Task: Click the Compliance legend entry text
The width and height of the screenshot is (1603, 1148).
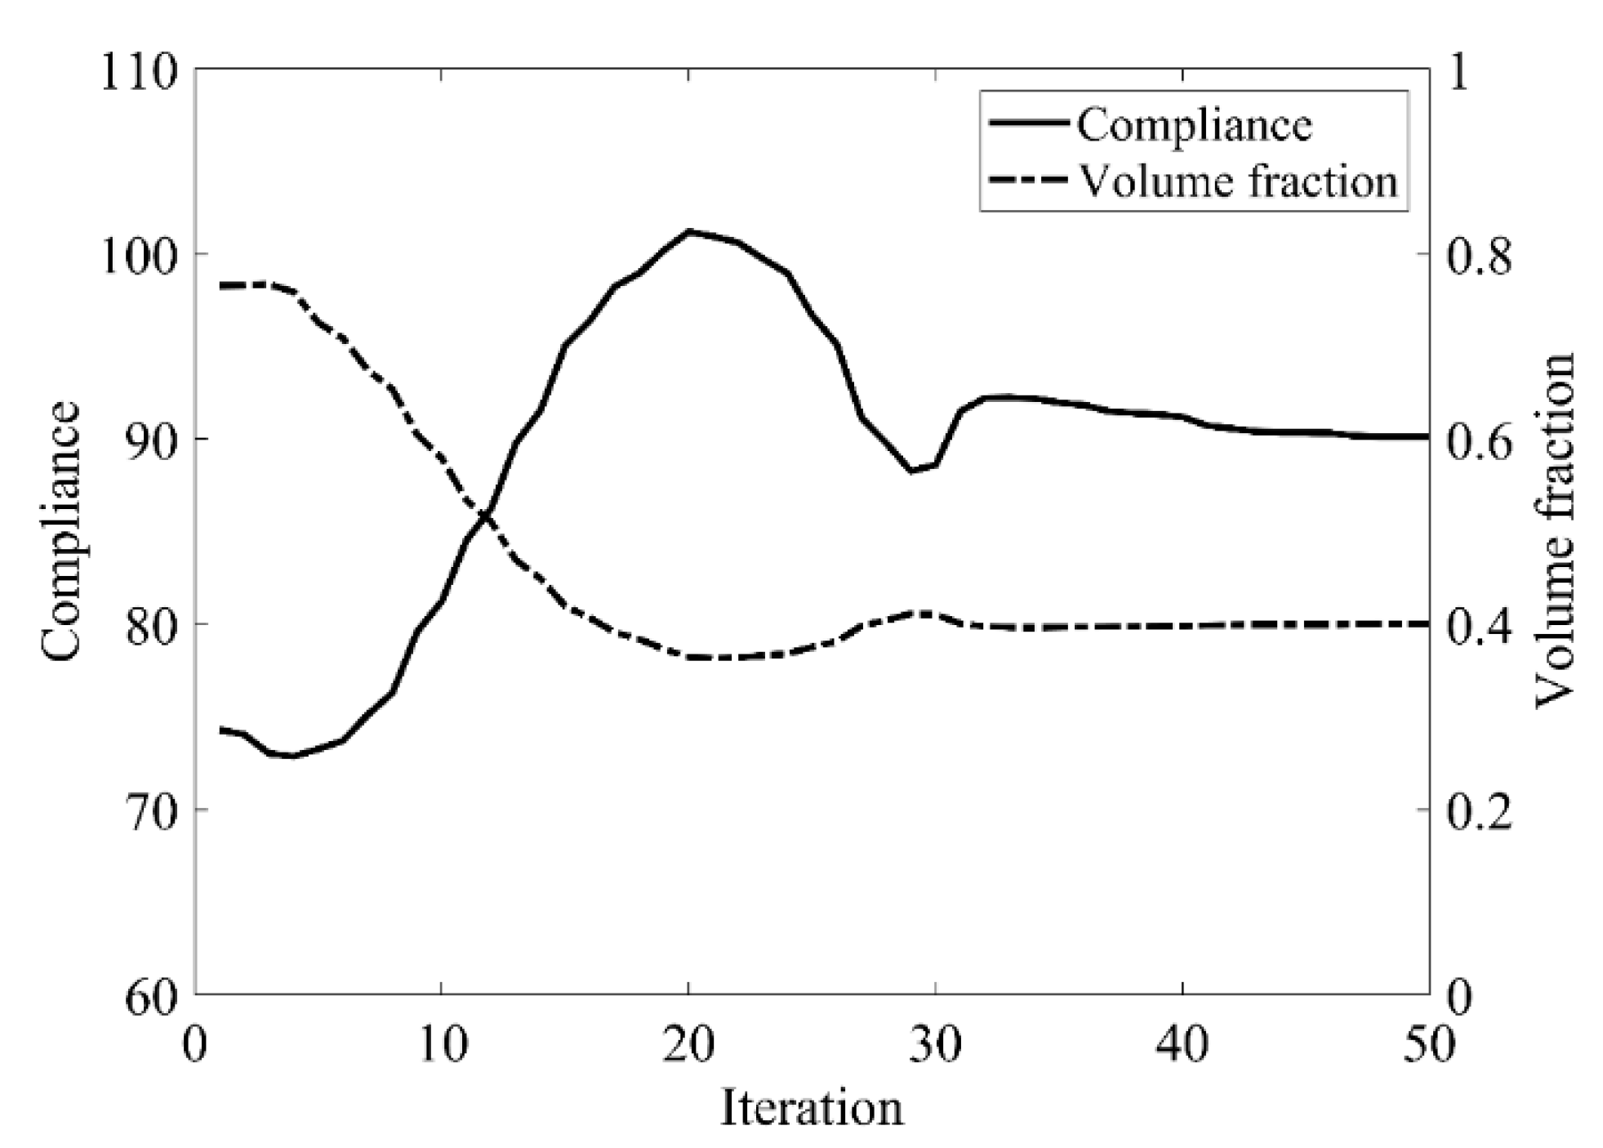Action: tap(1193, 125)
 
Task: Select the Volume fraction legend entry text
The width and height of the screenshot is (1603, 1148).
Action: tap(1239, 181)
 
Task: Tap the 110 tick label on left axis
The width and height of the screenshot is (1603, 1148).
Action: tap(139, 72)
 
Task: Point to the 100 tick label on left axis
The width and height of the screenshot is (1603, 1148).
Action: tap(139, 256)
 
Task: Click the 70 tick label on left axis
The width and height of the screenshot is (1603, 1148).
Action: tap(151, 811)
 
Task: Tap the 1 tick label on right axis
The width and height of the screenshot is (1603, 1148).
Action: tap(1458, 72)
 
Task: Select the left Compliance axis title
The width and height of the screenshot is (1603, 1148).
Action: tap(61, 531)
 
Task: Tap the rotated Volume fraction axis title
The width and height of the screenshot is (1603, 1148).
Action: tap(1554, 531)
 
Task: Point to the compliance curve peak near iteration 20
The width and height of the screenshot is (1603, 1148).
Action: tap(688, 231)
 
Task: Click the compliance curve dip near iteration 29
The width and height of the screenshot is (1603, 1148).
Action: tap(911, 471)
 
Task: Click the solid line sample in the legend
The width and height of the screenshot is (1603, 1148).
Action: tap(1028, 123)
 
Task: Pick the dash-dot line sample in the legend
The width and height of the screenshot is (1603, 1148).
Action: tap(1028, 180)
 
